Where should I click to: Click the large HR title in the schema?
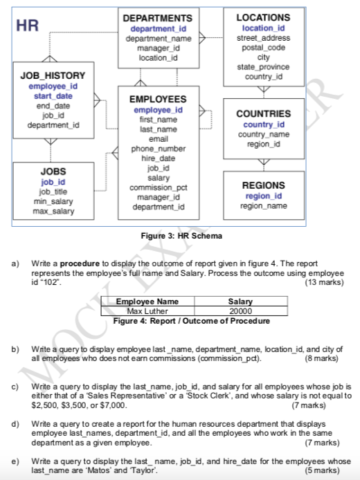tap(27, 26)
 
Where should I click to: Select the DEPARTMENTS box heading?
tap(158, 17)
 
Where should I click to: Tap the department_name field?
tap(158, 38)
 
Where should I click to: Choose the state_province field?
tap(263, 66)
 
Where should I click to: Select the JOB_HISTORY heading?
tap(53, 75)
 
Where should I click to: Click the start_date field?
tap(53, 95)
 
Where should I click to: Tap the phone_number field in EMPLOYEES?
tap(158, 149)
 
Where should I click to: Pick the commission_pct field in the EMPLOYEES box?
tap(158, 187)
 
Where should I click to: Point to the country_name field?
tap(263, 134)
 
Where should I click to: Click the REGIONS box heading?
tap(263, 185)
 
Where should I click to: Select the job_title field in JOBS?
tap(53, 192)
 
